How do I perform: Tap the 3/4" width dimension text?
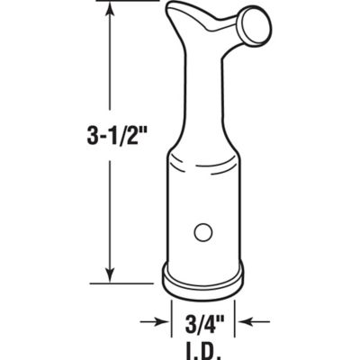point(203,319)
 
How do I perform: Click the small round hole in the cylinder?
point(202,232)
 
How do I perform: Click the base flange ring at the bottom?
point(202,275)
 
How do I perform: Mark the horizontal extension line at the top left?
point(126,3)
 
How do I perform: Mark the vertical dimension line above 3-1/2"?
point(111,63)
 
